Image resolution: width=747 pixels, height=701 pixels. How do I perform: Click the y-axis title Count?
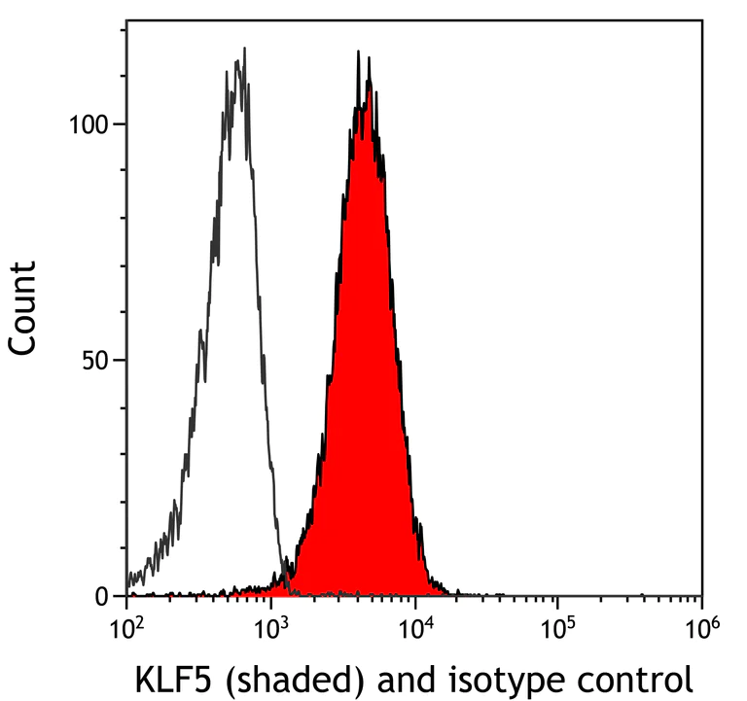(24, 307)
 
